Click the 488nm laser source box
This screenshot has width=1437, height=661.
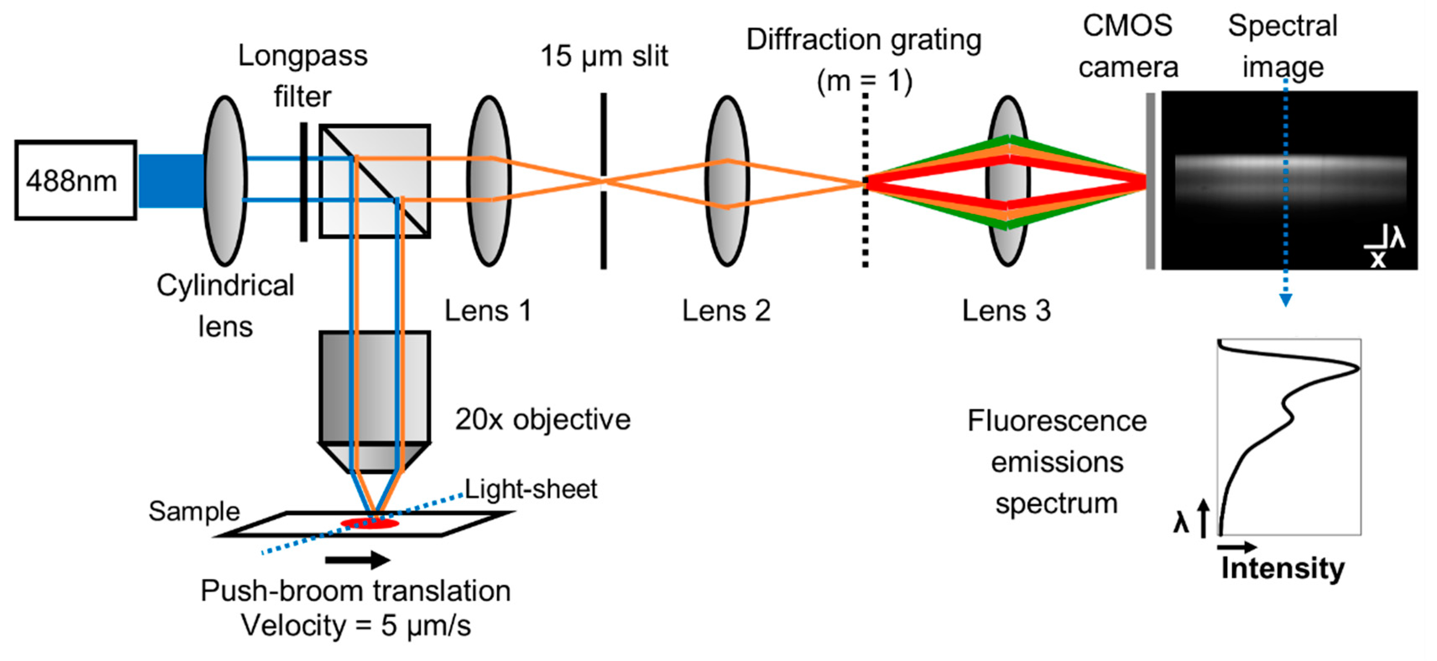point(75,180)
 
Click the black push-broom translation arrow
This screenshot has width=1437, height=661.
point(357,559)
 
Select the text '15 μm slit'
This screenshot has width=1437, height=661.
point(604,56)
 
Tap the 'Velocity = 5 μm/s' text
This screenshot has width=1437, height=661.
point(356,625)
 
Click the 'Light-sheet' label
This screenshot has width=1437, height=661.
point(530,489)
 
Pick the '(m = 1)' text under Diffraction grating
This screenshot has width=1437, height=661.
point(864,81)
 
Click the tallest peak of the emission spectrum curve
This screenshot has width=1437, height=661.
point(1357,368)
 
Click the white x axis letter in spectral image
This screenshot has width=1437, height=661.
point(1378,259)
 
